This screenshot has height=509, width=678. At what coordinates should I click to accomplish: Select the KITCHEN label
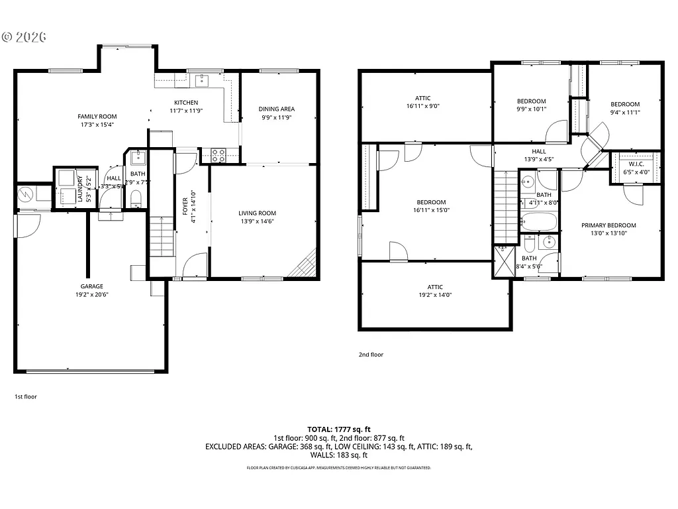click(x=186, y=103)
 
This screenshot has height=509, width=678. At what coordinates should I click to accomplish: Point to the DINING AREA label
click(x=277, y=109)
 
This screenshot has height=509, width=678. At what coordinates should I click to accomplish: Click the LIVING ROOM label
click(x=257, y=213)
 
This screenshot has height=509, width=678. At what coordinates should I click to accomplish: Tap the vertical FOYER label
click(x=185, y=207)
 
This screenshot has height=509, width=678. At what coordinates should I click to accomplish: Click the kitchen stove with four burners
click(x=219, y=155)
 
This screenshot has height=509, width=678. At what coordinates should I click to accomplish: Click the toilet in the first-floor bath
click(x=136, y=198)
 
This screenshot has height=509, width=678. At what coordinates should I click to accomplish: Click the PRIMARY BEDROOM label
click(x=608, y=225)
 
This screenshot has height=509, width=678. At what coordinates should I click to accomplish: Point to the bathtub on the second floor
click(x=540, y=221)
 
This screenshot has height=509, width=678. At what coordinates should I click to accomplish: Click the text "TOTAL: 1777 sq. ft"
click(x=338, y=429)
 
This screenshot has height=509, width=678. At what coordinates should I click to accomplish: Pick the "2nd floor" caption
click(x=371, y=355)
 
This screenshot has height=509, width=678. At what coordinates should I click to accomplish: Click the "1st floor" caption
click(x=26, y=396)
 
